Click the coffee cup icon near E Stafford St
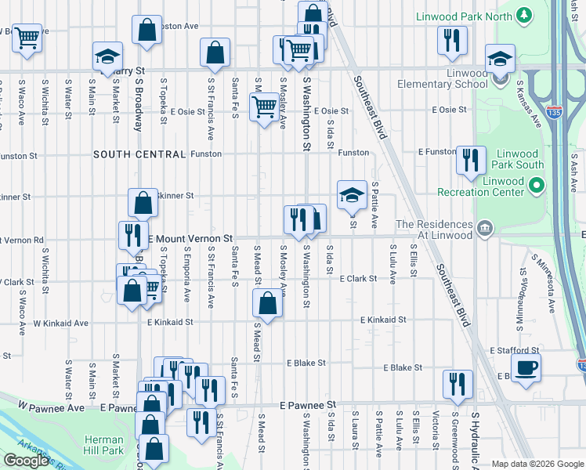[x=526, y=367]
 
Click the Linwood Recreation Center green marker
[x=536, y=186]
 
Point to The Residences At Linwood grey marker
[x=485, y=228]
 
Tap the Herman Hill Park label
[x=104, y=445]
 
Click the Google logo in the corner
[x=26, y=461]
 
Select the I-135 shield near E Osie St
[x=554, y=113]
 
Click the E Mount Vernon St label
[x=190, y=237]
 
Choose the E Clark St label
[x=359, y=278]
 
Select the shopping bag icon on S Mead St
[x=267, y=303]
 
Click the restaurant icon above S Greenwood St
[x=458, y=383]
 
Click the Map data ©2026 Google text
[x=537, y=464]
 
